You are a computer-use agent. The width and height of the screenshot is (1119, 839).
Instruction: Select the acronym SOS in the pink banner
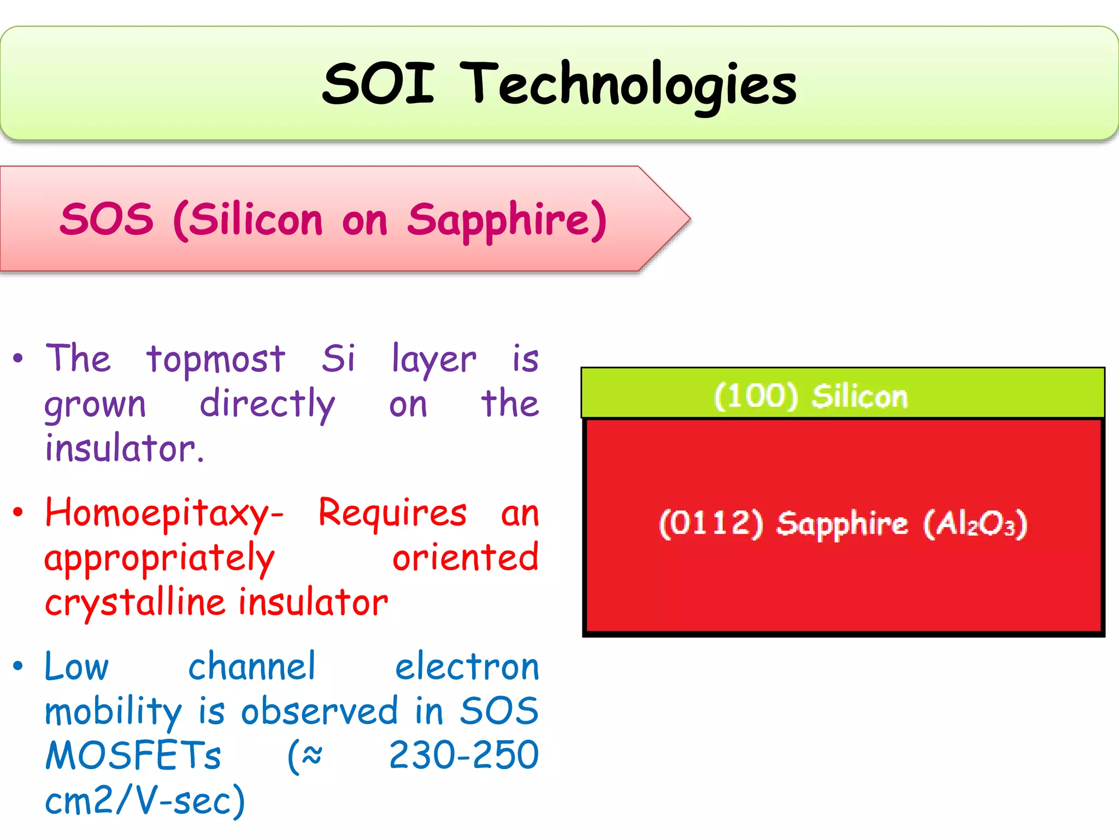(107, 220)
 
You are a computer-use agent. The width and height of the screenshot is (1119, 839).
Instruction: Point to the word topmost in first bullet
(215, 361)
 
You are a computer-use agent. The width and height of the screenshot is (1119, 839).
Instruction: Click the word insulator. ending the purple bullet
(125, 449)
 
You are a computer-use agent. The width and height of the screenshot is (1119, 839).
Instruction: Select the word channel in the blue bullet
(252, 667)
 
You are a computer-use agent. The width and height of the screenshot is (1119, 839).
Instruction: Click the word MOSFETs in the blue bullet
(133, 757)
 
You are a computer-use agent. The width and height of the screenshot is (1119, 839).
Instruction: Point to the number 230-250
(463, 757)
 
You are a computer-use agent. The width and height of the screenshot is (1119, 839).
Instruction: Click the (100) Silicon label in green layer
(810, 395)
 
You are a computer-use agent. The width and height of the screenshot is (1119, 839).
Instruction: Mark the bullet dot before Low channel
(19, 666)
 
